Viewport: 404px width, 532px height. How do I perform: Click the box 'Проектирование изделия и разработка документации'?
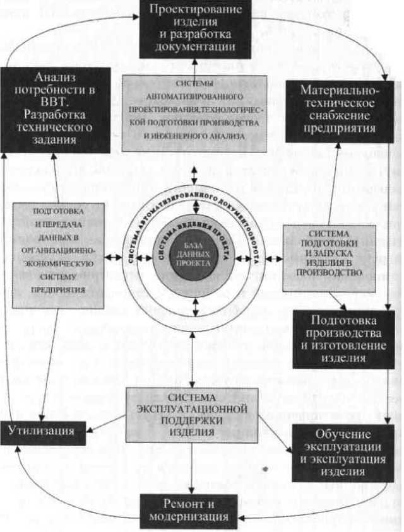(194, 29)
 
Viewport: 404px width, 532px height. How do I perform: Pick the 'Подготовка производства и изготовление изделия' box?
(342, 338)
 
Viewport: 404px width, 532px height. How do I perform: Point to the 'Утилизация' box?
(42, 432)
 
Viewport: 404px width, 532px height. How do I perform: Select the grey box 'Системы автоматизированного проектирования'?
(194, 114)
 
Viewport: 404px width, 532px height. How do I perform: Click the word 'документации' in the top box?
(194, 47)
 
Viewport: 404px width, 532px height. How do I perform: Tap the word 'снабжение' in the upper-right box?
(340, 115)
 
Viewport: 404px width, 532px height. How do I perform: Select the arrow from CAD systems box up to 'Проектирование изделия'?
(194, 65)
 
